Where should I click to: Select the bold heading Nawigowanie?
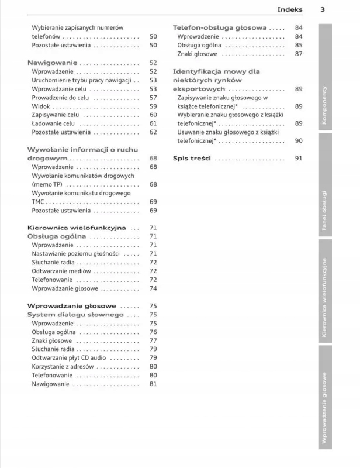pyautogui.click(x=51, y=63)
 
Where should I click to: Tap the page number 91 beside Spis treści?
pyautogui.click(x=298, y=159)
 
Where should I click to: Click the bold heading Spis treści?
pyautogui.click(x=192, y=159)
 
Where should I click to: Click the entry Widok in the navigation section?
pyautogui.click(x=41, y=106)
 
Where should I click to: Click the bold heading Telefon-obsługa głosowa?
pyautogui.click(x=220, y=28)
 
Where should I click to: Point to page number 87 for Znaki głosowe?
pyautogui.click(x=298, y=54)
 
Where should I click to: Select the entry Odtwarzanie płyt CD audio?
pyautogui.click(x=69, y=358)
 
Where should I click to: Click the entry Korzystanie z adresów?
pyautogui.click(x=63, y=367)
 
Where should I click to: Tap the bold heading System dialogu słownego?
pyautogui.click(x=75, y=315)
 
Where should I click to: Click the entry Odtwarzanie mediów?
pyautogui.click(x=61, y=271)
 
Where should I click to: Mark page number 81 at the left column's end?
pyautogui.click(x=153, y=384)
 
